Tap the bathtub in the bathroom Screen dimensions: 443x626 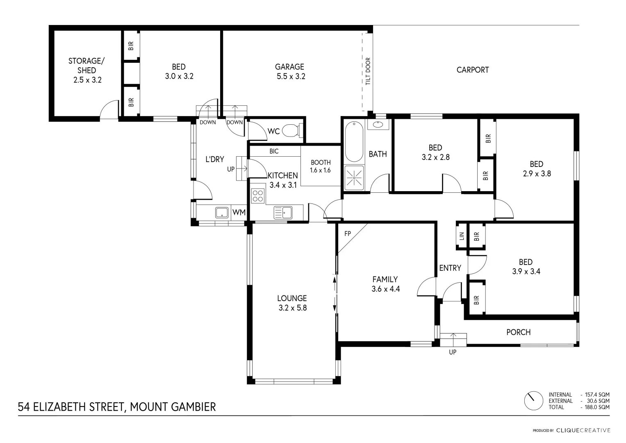354,142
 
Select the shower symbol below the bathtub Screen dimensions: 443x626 354,178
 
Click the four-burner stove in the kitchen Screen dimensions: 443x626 257,196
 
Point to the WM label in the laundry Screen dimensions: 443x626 239,212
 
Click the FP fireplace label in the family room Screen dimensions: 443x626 347,234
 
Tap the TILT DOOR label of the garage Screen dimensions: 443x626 368,71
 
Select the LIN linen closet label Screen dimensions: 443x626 462,236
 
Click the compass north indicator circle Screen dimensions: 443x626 533,401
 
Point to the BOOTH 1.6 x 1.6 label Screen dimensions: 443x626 320,166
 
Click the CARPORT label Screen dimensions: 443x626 472,70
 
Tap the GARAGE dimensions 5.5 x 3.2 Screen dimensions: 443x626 290,76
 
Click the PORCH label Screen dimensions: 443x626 518,332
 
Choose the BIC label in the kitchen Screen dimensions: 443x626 274,151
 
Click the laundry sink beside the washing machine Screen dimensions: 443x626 222,212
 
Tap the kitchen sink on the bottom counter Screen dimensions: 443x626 283,212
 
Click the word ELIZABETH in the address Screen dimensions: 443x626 63,407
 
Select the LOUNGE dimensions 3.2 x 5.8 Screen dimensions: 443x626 292,308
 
